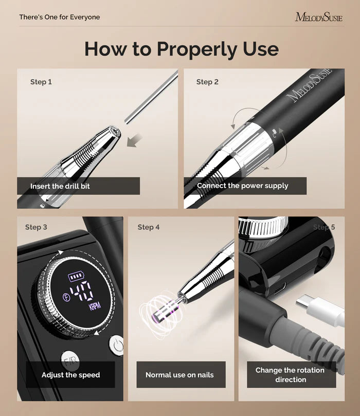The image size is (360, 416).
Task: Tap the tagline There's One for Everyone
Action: (x=60, y=17)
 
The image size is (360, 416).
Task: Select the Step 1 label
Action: (x=41, y=82)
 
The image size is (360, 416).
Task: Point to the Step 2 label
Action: (x=207, y=82)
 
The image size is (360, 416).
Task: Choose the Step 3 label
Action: (x=36, y=227)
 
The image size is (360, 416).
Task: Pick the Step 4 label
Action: (x=149, y=227)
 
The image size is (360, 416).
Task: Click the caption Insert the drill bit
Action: (x=60, y=186)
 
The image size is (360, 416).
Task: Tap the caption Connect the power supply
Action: (x=243, y=186)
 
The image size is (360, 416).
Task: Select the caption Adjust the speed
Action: (x=71, y=375)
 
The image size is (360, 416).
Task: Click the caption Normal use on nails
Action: (x=179, y=375)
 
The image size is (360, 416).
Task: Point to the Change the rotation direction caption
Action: (x=291, y=375)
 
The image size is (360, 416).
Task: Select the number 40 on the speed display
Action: (x=81, y=291)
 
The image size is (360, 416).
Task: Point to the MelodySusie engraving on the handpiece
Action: (x=311, y=84)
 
